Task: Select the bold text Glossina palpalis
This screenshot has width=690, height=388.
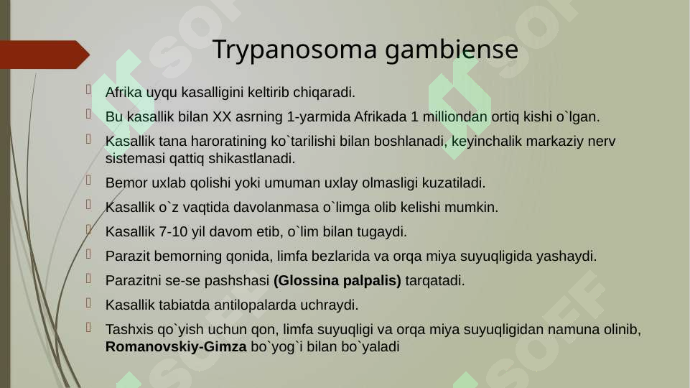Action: pyautogui.click(x=337, y=280)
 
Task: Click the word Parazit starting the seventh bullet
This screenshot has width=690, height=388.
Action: pyautogui.click(x=126, y=257)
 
